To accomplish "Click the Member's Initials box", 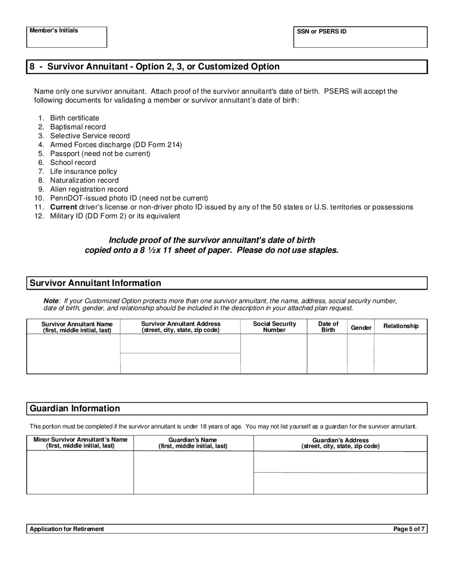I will pos(66,37).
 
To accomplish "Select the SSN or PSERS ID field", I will pos(360,37).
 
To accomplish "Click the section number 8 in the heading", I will pos(32,66).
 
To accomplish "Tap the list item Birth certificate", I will pos(75,118).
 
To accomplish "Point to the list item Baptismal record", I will pos(78,127).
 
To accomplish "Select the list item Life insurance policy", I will pos(83,171).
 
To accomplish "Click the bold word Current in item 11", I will pos(64,207).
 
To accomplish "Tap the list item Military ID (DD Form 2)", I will pos(115,216).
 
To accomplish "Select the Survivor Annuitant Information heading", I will pos(96,283).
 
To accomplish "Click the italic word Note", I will pos(51,301).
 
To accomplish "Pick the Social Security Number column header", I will pos(274,327).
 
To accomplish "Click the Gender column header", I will pos(361,327).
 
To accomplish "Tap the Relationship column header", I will pos(401,326).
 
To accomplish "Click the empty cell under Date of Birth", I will pos(327,354).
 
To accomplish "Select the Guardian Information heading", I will pos(75,408).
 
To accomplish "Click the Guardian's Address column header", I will pos(340,443).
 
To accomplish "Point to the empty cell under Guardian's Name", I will pos(193,472).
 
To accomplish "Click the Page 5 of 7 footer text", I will pos(409,529).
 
